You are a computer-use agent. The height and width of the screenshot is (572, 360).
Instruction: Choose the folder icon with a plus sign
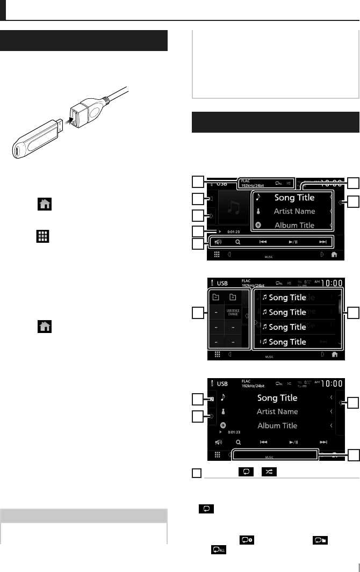[233, 297]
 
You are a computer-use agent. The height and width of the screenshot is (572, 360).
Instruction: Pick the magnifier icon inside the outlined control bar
[237, 242]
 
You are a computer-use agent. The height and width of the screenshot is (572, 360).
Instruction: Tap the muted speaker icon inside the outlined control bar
[217, 242]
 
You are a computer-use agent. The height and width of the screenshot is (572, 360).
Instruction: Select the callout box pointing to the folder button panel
[198, 312]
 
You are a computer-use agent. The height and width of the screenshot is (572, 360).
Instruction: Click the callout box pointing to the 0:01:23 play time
[198, 231]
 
